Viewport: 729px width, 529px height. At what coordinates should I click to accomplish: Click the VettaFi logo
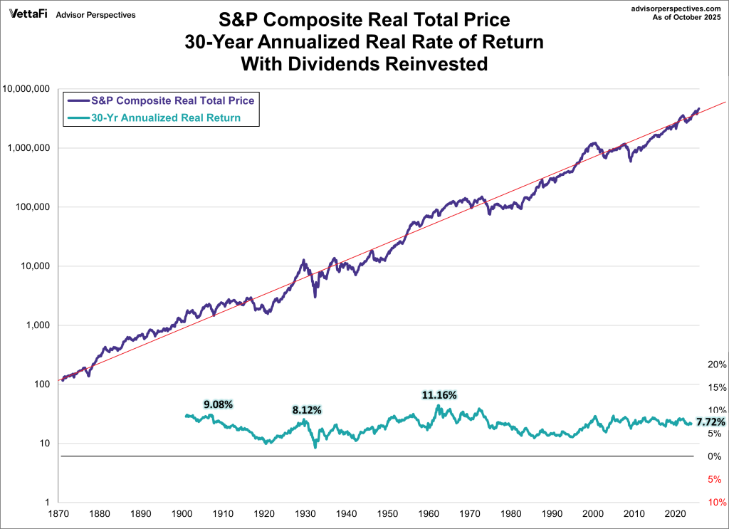tap(28, 14)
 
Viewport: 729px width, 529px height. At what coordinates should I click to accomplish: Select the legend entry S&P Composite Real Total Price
tap(172, 100)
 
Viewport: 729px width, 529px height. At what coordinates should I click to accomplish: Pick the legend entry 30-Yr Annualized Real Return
tap(167, 117)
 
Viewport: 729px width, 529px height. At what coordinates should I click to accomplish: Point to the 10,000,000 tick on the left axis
tap(28, 89)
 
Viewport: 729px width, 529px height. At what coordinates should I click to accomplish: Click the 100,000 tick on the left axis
tap(34, 207)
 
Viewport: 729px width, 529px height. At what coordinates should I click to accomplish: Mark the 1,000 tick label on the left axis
tap(38, 325)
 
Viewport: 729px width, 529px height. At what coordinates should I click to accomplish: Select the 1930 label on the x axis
tap(307, 513)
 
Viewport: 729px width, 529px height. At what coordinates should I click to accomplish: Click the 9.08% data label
tap(218, 404)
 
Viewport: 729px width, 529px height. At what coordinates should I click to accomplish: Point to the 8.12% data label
tap(307, 410)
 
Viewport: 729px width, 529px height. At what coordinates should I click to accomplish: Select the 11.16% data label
tap(439, 394)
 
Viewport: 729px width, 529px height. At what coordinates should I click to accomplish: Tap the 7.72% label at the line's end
tap(710, 422)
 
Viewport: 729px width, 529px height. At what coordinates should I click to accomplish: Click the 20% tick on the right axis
tap(717, 365)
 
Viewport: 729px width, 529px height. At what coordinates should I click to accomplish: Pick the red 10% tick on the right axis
tap(717, 502)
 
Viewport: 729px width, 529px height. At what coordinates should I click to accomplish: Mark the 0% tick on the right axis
tap(717, 456)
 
